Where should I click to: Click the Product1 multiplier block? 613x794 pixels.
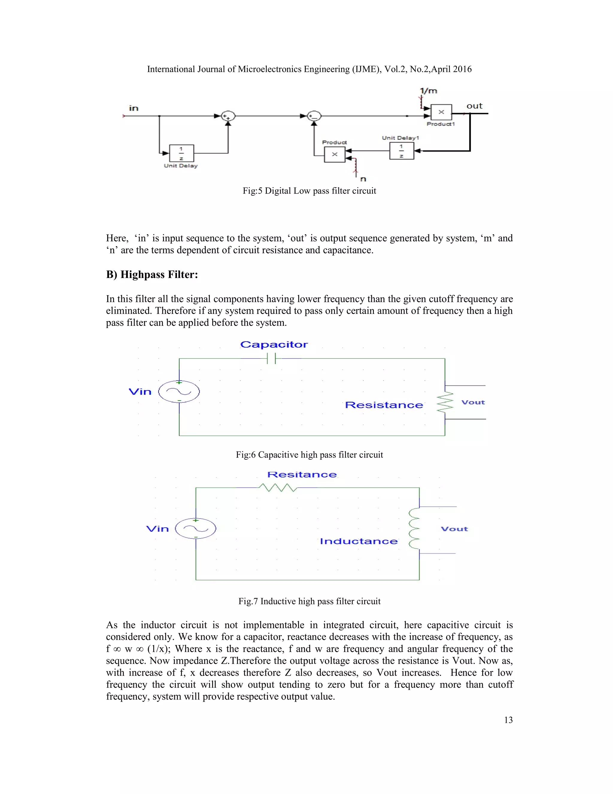pyautogui.click(x=441, y=112)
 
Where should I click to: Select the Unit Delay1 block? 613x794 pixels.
pyautogui.click(x=401, y=151)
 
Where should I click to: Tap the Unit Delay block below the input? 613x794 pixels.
pyautogui.click(x=181, y=153)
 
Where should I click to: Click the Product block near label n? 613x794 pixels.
pyautogui.click(x=334, y=155)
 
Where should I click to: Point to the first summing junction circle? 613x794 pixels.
pyautogui.click(x=228, y=116)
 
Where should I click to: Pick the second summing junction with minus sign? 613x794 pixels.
pyautogui.click(x=314, y=116)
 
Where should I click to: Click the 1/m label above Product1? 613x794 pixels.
pyautogui.click(x=429, y=91)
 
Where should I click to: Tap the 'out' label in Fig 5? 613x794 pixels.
pyautogui.click(x=474, y=106)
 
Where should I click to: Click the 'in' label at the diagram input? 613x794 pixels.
pyautogui.click(x=133, y=108)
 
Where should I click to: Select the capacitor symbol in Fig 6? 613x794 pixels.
pyautogui.click(x=271, y=358)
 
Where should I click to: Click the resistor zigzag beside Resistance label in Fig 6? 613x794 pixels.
pyautogui.click(x=445, y=402)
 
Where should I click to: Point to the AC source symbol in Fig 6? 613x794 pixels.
pyautogui.click(x=179, y=392)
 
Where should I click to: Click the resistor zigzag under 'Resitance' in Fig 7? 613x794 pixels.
pyautogui.click(x=278, y=487)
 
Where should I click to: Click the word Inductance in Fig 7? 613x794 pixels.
pyautogui.click(x=358, y=541)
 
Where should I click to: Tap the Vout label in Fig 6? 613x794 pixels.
pyautogui.click(x=473, y=402)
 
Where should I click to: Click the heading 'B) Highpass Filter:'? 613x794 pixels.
pyautogui.click(x=152, y=274)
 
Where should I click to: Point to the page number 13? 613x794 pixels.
pyautogui.click(x=508, y=720)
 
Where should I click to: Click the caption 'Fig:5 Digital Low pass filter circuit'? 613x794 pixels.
pyautogui.click(x=309, y=191)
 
